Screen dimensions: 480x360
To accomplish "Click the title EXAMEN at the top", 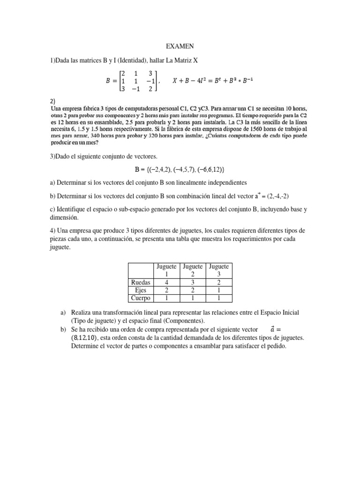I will point(180,46).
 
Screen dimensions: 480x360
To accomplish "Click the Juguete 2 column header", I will point(193,270).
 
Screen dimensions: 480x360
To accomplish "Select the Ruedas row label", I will point(141,282).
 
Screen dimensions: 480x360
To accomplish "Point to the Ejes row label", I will point(141,290).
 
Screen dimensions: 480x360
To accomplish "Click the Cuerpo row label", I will point(141,298).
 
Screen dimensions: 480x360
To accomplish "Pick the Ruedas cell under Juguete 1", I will point(167,282).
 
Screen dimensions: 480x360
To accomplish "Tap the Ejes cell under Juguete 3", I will point(218,290).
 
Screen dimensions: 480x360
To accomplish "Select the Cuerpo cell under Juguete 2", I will point(193,298).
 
